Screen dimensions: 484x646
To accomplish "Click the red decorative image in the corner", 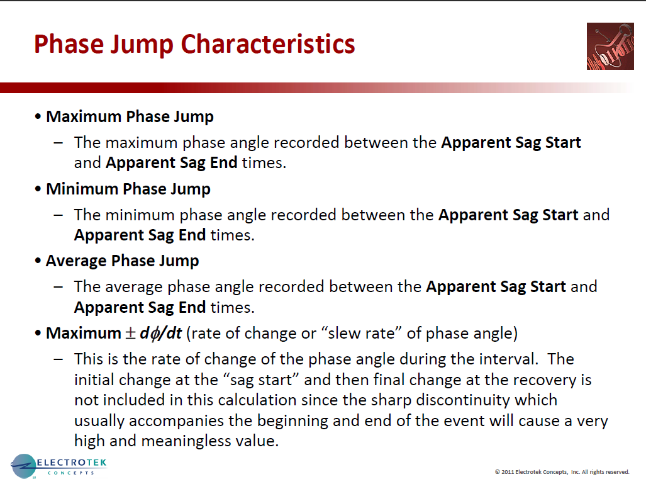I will [610, 46].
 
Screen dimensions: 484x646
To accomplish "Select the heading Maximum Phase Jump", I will [130, 117].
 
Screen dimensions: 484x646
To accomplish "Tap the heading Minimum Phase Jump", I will [128, 189].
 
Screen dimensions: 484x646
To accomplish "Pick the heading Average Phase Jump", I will [122, 261].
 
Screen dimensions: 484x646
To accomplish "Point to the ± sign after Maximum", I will [130, 333].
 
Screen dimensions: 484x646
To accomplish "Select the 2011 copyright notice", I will [562, 471].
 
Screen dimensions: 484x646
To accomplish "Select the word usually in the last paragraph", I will [100, 420].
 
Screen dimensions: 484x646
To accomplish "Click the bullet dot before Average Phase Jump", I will [38, 261].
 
